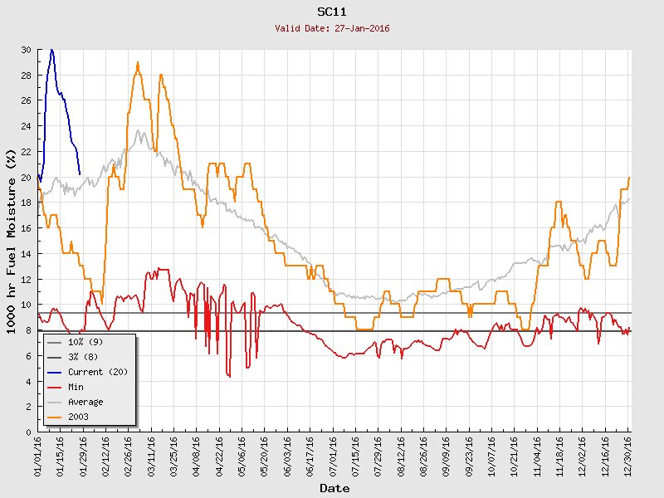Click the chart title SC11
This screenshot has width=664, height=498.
point(332,12)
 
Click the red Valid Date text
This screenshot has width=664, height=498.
point(332,28)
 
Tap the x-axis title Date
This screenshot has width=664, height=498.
point(334,489)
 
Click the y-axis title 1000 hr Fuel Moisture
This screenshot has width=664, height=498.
point(11,241)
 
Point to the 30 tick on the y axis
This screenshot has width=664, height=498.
point(26,50)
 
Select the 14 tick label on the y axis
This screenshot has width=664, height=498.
point(26,254)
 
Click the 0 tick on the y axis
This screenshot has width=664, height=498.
point(28,432)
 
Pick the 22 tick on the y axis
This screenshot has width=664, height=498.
point(26,152)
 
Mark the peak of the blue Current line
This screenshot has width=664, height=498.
point(51,50)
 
